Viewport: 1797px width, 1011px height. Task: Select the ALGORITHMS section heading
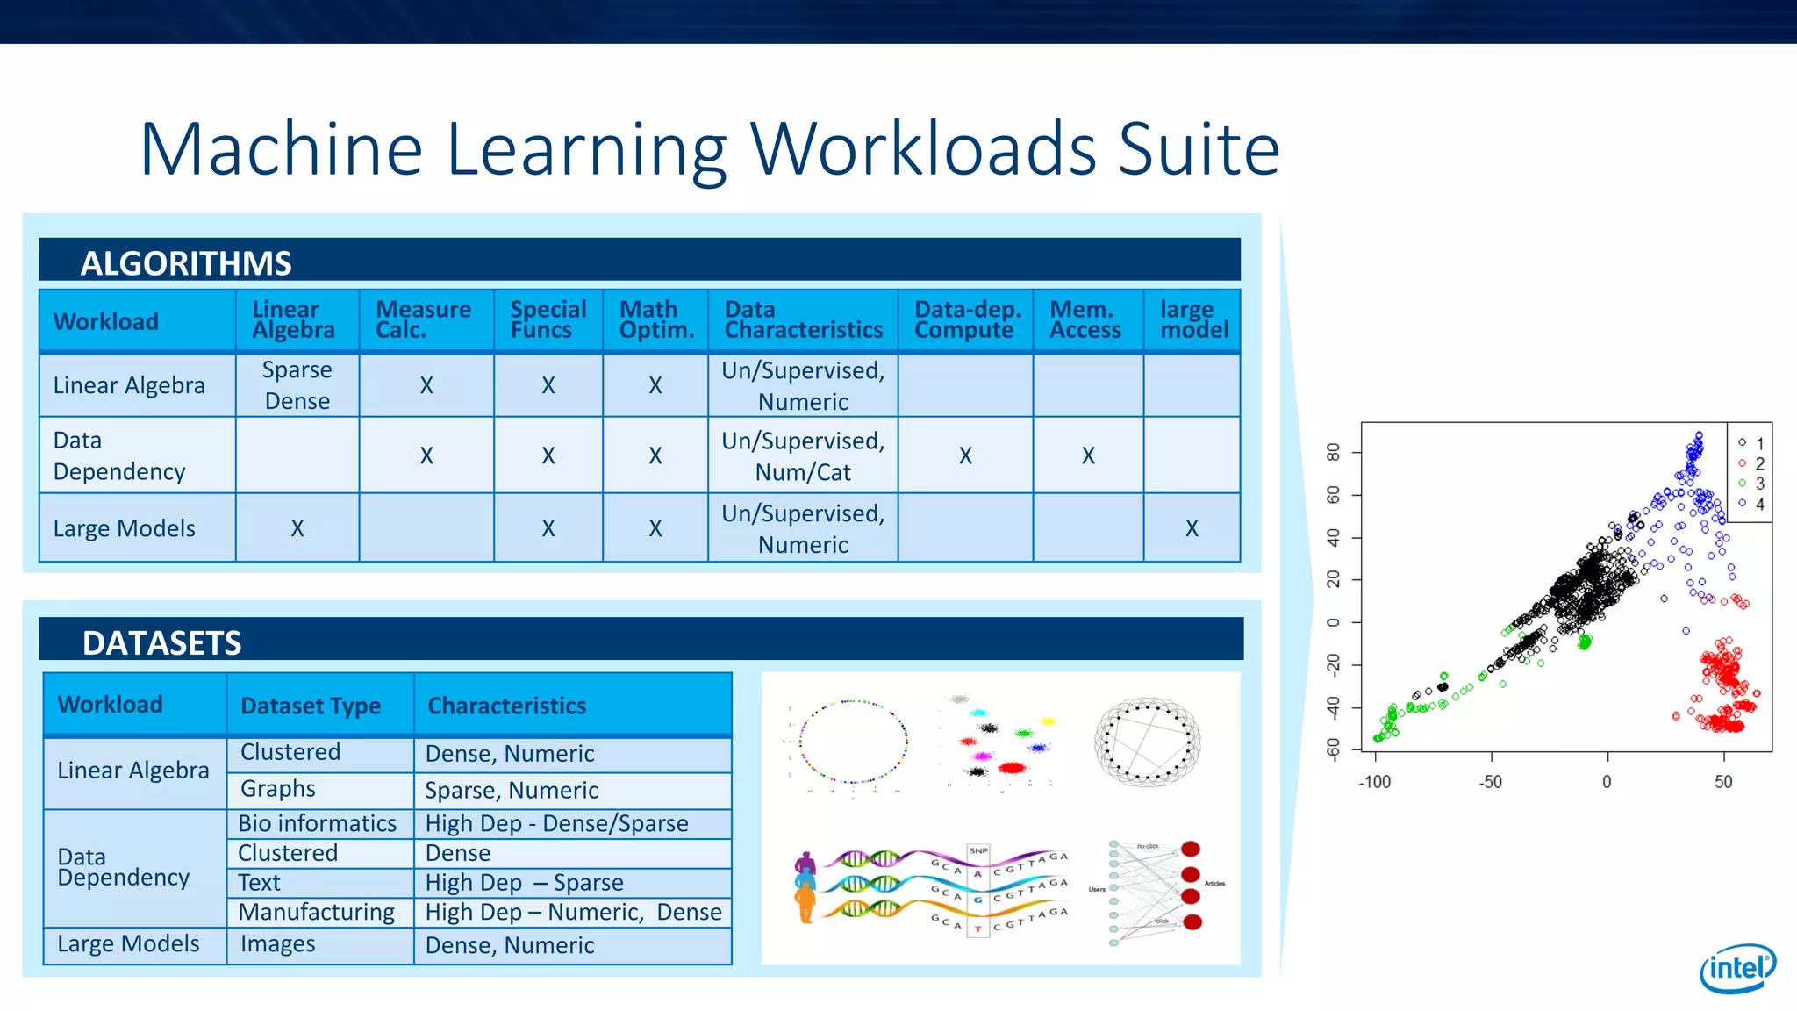point(186,263)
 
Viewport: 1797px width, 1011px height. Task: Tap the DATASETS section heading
point(161,642)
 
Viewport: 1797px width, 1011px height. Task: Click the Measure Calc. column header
point(423,320)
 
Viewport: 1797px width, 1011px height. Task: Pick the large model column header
point(1193,320)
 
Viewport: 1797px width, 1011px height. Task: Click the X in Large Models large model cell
point(1192,528)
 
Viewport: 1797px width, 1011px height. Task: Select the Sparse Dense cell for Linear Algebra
point(297,385)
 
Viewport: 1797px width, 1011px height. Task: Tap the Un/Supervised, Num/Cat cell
point(803,456)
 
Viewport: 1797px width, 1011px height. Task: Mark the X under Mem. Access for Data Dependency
point(1088,455)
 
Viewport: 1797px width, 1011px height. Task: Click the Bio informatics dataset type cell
point(318,823)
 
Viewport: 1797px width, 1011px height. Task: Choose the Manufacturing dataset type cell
point(316,912)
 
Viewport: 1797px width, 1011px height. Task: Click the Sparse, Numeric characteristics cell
point(512,790)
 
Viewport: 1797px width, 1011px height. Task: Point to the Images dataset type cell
point(277,944)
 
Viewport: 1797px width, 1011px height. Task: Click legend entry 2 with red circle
point(1751,463)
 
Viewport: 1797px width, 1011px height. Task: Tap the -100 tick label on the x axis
point(1374,782)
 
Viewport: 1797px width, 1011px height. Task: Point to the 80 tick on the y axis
point(1334,452)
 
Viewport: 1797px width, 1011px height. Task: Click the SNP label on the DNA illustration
point(978,850)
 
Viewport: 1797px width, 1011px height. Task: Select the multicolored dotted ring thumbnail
point(853,742)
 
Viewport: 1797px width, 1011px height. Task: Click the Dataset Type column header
point(311,706)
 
